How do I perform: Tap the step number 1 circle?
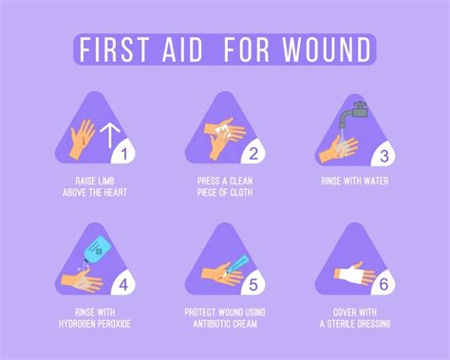click(123, 151)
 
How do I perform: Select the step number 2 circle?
click(253, 151)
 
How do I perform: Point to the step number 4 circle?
click(123, 282)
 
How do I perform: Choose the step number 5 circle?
click(253, 282)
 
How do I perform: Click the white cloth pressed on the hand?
click(226, 130)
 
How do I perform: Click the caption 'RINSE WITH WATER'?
click(353, 180)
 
